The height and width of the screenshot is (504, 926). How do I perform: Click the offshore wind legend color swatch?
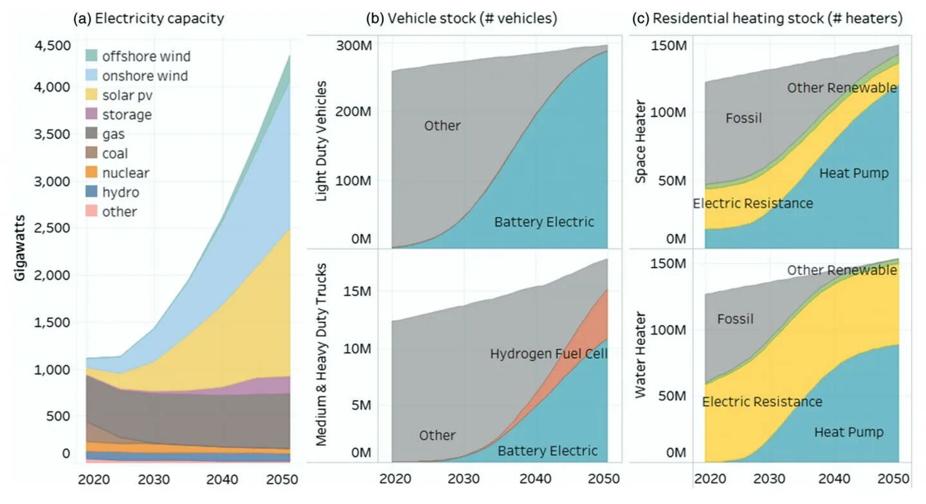[x=91, y=56]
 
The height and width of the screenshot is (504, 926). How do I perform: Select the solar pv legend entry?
[x=127, y=95]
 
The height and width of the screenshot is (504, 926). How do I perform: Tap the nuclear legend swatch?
[x=91, y=173]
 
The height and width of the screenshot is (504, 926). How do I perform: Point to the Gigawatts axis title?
[x=21, y=248]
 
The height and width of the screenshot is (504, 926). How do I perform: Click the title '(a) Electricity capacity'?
[x=149, y=18]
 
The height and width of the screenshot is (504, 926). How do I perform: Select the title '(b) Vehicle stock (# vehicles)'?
[x=461, y=18]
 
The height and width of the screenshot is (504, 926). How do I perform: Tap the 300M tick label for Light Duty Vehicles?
[x=352, y=46]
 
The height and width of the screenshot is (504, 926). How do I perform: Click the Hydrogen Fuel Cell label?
[x=549, y=353]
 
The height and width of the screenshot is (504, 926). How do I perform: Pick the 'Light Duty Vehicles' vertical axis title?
[x=323, y=142]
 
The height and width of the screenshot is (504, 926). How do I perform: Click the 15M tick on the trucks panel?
[x=355, y=291]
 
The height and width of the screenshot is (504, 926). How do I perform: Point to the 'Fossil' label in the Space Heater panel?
[x=743, y=118]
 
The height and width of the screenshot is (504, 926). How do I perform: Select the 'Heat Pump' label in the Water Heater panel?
[x=849, y=432]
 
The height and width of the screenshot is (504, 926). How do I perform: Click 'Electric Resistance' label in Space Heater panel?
[x=752, y=203]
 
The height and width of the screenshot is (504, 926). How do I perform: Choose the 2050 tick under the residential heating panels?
[x=892, y=480]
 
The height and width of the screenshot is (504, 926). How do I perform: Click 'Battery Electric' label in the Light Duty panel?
[x=544, y=222]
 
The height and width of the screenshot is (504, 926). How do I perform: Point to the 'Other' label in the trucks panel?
[x=437, y=435]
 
